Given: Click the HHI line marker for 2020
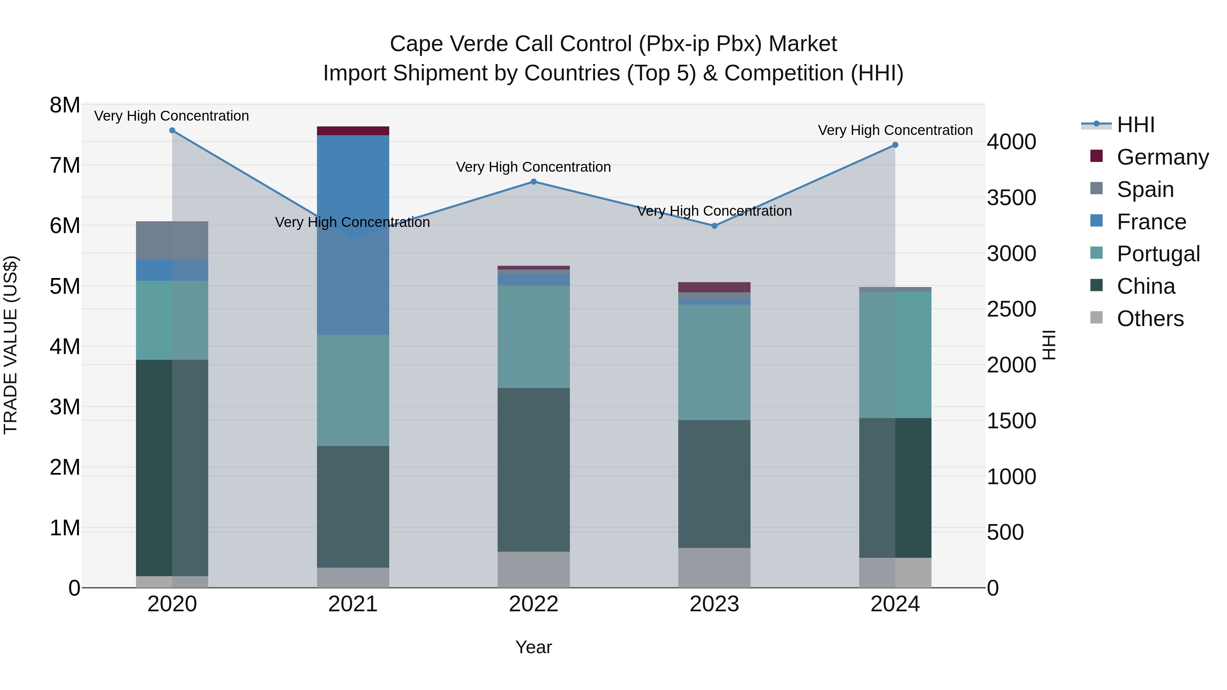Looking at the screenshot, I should tap(172, 131).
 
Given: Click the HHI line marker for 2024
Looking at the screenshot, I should tap(895, 145).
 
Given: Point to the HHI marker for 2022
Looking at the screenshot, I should tap(533, 181).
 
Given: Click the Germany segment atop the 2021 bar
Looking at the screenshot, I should tap(353, 131).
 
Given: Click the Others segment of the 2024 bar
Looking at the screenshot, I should tap(895, 572).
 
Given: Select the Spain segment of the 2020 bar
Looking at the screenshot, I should tap(172, 241).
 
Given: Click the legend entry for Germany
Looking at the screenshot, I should tap(1162, 157).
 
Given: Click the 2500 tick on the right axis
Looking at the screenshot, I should tap(1011, 309).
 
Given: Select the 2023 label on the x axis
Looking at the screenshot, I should tap(714, 604).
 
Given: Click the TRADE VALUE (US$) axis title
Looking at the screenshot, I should tap(11, 345).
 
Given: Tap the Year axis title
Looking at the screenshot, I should tap(533, 647).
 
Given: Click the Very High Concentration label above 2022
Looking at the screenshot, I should tap(533, 167).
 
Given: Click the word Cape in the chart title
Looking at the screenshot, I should tap(416, 44).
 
